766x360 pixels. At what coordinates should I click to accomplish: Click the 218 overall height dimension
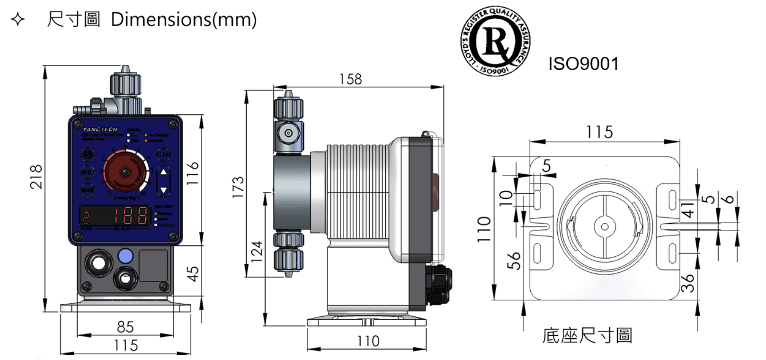coord(36,177)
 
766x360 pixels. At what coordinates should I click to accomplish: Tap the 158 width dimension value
coord(350,79)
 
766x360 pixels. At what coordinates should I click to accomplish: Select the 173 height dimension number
coord(238,187)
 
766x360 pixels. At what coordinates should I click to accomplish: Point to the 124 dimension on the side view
coord(256,252)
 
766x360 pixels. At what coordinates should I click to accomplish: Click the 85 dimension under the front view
coord(125,326)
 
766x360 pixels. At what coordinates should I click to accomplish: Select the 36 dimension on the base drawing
coord(687,282)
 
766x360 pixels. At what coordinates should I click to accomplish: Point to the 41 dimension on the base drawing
coord(688,208)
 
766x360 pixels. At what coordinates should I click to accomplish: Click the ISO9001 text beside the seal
coord(583,64)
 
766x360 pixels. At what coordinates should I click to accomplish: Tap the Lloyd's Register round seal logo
coord(495,42)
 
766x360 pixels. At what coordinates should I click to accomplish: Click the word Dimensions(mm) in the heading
coord(184,19)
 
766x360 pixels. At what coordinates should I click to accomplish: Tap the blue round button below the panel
coord(125,256)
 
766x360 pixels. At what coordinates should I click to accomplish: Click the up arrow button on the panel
coord(163,172)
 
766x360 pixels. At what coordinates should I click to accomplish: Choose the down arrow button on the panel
coord(163,190)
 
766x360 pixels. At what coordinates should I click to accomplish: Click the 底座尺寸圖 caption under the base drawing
coord(587,335)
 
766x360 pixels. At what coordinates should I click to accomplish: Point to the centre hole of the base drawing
coord(604,226)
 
